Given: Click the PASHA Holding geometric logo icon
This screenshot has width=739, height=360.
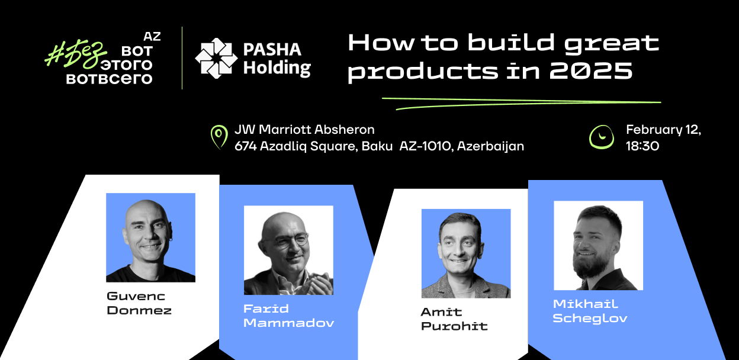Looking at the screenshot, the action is (216, 59).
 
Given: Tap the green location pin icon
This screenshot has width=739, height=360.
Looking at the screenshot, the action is (219, 137).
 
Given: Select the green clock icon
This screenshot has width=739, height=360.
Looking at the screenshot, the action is (602, 137).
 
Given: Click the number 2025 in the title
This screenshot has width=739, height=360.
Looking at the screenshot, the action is (591, 70).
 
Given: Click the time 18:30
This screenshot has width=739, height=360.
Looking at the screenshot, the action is (642, 146).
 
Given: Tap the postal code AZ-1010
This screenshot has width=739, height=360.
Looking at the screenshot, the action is (425, 146).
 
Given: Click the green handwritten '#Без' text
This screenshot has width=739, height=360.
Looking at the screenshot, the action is (76, 55).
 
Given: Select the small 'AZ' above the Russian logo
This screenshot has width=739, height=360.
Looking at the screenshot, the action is (152, 37).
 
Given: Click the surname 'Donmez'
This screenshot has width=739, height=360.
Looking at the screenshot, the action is (139, 310).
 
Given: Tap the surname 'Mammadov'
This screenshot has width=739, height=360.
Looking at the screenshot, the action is (289, 323).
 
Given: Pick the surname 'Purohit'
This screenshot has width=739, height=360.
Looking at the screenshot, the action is (454, 326).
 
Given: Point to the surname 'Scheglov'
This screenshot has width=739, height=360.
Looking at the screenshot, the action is (590, 319).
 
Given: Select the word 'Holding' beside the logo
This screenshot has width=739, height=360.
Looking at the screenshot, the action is (277, 68).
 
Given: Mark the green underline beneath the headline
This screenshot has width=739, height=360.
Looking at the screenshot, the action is (521, 103).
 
